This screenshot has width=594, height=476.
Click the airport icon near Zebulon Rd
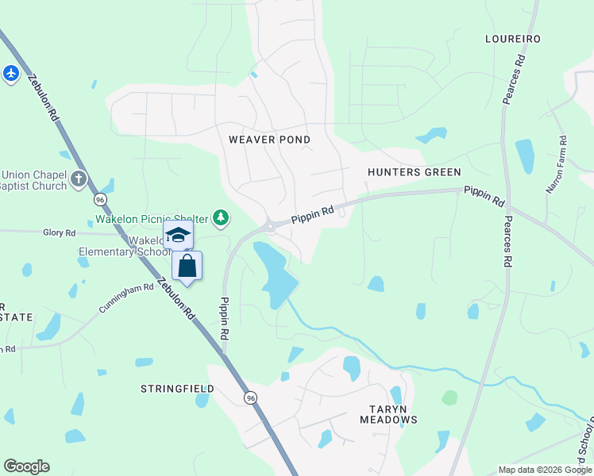click(10, 74)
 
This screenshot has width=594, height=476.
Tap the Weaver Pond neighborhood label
click(269, 140)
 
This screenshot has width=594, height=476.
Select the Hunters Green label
click(414, 172)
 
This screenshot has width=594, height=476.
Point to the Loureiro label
click(513, 39)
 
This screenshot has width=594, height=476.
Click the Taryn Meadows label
click(388, 414)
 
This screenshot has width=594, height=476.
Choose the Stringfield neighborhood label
click(177, 389)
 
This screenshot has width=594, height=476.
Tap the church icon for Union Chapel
click(78, 178)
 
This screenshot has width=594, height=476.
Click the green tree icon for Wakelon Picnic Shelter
click(221, 217)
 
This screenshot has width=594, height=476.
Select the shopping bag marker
click(187, 266)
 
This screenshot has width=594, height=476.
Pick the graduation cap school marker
click(179, 235)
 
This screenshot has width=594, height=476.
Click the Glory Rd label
click(60, 232)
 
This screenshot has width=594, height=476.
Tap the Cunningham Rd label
click(126, 297)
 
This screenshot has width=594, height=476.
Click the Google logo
click(26, 466)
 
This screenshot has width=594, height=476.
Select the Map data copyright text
click(545, 470)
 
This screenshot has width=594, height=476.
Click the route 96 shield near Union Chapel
click(100, 198)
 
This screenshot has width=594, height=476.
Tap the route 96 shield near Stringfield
click(251, 397)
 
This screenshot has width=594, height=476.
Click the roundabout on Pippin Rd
click(271, 226)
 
